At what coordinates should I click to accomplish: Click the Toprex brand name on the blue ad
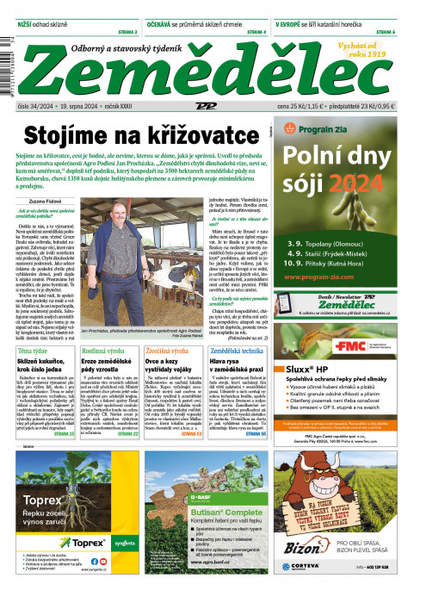pos(45,522)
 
